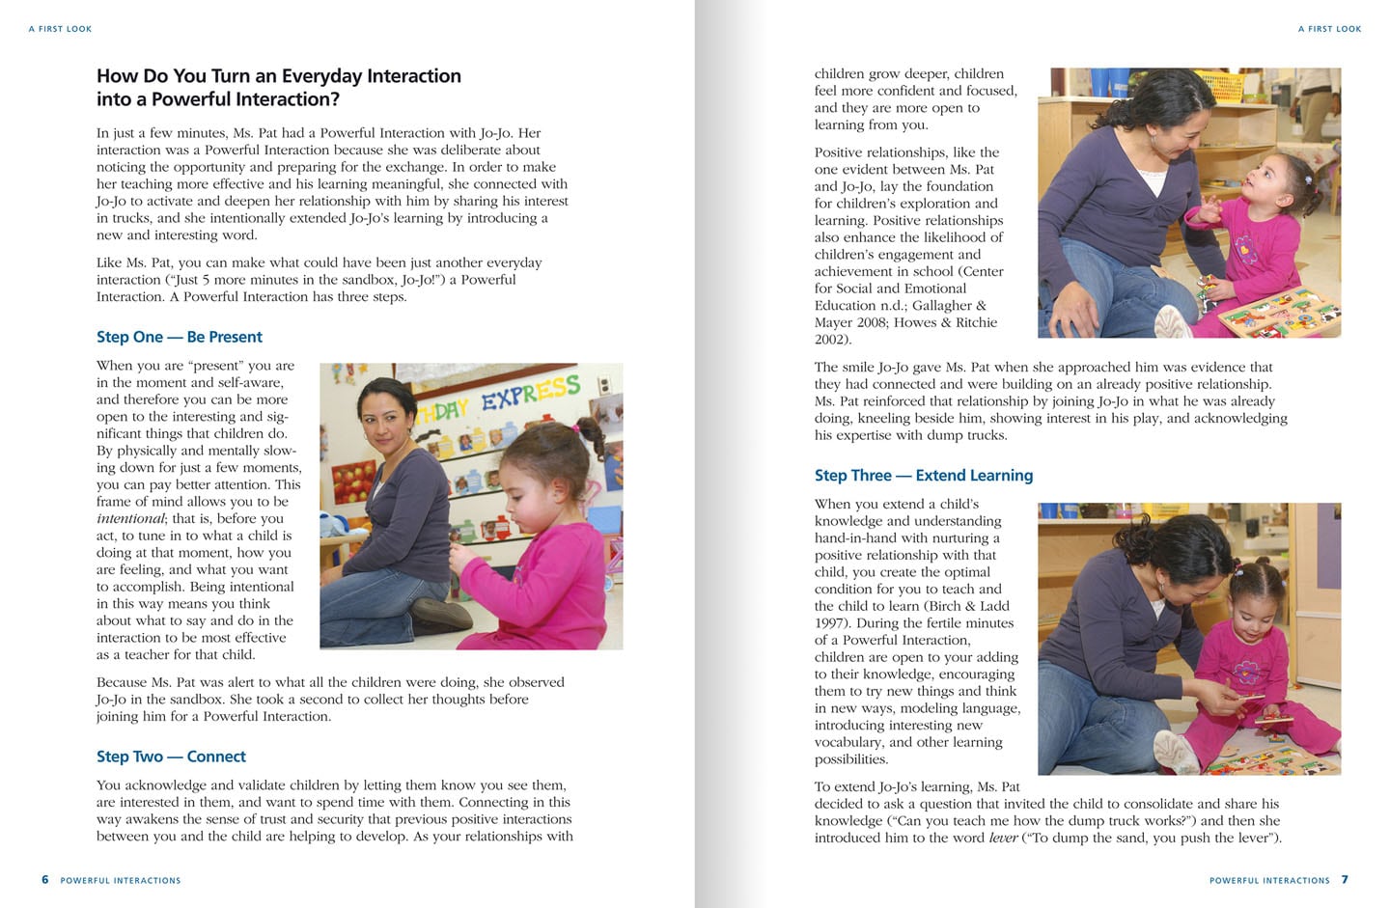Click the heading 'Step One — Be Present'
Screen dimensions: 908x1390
point(179,337)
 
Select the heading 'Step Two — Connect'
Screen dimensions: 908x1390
point(171,757)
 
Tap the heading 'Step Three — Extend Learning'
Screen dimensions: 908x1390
point(923,475)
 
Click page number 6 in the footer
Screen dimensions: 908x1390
point(44,880)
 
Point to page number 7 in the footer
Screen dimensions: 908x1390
point(1345,880)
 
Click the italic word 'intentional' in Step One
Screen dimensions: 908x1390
point(130,519)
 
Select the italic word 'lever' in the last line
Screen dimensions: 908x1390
point(1003,838)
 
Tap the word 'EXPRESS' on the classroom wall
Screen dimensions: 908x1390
point(531,394)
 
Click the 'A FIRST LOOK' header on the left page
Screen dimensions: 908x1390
point(60,29)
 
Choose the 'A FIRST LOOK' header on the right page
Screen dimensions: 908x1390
point(1329,29)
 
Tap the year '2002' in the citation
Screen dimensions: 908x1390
point(830,340)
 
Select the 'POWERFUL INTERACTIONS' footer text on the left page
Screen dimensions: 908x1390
point(121,881)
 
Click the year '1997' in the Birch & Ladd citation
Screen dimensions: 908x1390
point(831,623)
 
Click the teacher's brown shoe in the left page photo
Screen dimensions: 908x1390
point(439,614)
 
